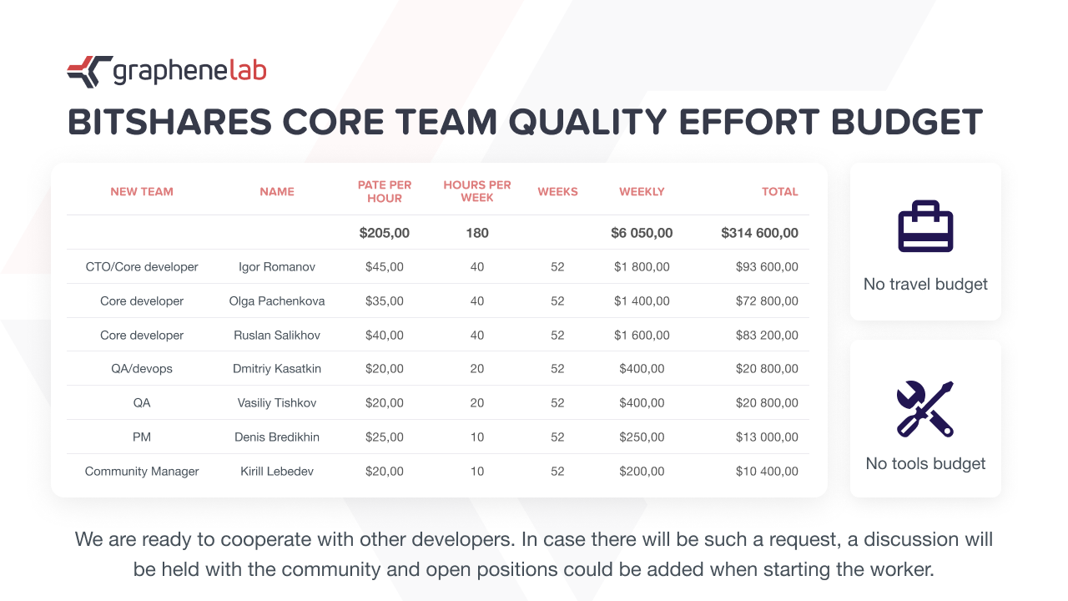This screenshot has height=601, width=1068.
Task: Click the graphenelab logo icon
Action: click(x=89, y=72)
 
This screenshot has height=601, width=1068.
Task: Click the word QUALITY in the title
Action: click(x=587, y=122)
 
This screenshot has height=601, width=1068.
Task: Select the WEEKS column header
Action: click(x=557, y=192)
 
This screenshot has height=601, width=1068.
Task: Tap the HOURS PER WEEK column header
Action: click(x=476, y=191)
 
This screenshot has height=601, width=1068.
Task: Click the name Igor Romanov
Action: click(x=276, y=266)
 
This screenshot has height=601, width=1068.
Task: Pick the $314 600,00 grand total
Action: click(x=759, y=233)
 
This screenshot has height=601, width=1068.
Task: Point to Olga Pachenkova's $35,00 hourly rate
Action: click(x=385, y=301)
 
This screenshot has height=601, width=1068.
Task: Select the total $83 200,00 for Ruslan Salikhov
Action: click(x=767, y=336)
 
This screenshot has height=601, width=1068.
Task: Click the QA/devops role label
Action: click(x=142, y=369)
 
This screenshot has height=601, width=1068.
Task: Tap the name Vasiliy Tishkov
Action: click(x=276, y=403)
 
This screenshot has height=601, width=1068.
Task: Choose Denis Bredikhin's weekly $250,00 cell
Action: click(x=642, y=437)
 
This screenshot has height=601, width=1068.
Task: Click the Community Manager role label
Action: click(x=142, y=472)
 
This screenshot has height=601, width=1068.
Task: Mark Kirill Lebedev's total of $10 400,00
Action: click(x=767, y=472)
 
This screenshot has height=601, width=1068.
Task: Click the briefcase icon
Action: click(x=925, y=226)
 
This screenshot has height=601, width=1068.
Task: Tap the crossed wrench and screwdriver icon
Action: click(x=925, y=409)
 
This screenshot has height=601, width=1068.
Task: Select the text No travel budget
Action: click(x=925, y=285)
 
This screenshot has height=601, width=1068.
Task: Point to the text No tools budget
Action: click(x=925, y=463)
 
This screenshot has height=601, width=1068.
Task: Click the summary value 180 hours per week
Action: click(x=476, y=233)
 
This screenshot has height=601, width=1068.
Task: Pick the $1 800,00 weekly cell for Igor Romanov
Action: click(x=642, y=266)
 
